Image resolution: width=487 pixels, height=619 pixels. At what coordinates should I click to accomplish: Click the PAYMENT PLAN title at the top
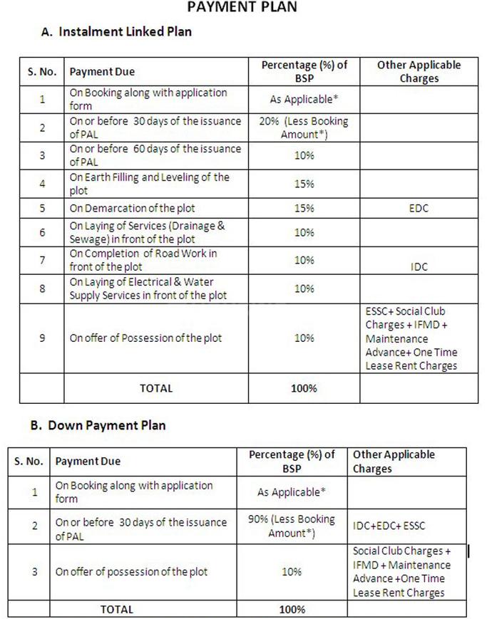tap(242, 8)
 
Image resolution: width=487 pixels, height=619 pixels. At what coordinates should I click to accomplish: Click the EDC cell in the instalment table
tap(419, 209)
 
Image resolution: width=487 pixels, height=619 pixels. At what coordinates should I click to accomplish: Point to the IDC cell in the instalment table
tap(419, 266)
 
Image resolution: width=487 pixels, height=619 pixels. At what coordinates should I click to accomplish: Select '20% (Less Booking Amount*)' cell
tap(304, 128)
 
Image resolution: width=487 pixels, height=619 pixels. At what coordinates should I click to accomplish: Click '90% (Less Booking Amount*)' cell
tap(291, 526)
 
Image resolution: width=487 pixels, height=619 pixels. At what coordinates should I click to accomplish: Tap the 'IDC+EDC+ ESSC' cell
tap(388, 526)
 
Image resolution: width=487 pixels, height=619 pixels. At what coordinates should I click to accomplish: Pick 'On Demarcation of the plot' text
tap(132, 209)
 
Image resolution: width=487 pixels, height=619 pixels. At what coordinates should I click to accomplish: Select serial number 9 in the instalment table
tap(41, 338)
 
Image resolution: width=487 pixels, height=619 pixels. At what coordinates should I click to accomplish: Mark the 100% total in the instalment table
tap(304, 388)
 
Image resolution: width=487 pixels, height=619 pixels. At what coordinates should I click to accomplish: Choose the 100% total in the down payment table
tap(291, 609)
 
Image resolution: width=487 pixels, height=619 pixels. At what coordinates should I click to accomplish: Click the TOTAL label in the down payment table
tap(116, 609)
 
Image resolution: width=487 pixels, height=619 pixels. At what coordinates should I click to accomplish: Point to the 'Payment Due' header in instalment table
tap(102, 72)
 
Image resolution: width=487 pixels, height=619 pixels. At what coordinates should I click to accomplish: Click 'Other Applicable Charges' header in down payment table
tap(393, 462)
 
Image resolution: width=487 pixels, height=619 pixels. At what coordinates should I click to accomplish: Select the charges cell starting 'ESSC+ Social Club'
tap(411, 338)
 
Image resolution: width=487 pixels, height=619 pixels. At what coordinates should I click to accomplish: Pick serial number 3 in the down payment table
tap(34, 571)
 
